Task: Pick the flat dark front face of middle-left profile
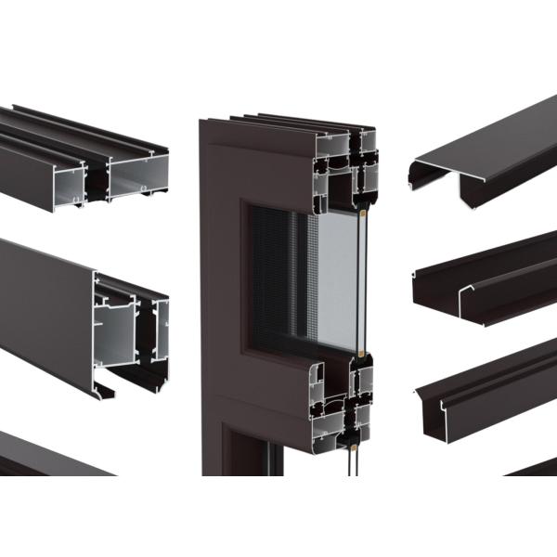coord(46,306)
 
